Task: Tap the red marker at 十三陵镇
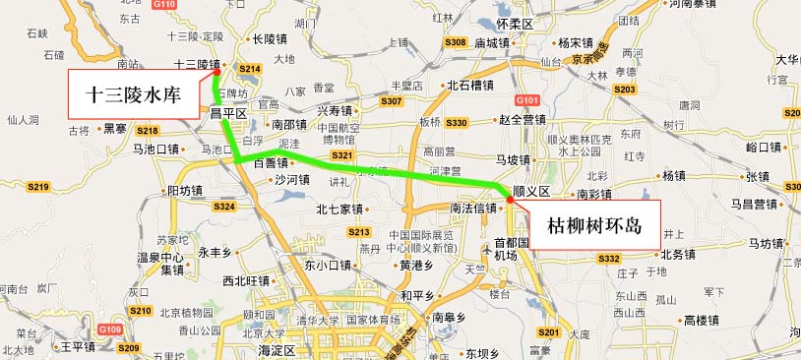[216, 71]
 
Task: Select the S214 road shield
[249, 69]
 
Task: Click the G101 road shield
[527, 100]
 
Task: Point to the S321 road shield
[342, 155]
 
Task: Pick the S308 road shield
[455, 42]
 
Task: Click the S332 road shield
[609, 259]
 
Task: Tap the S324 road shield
[225, 207]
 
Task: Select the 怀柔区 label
[514, 23]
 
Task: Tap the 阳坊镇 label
[185, 190]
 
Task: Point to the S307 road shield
[391, 101]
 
